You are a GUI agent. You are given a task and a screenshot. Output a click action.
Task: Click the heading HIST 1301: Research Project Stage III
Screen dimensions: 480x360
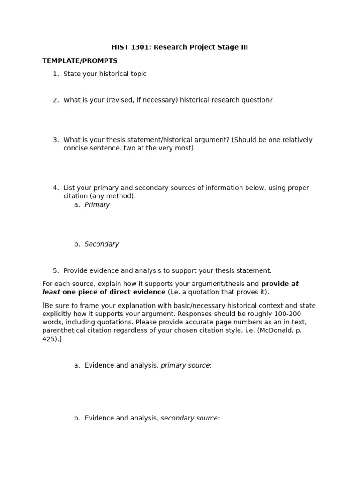click(180, 47)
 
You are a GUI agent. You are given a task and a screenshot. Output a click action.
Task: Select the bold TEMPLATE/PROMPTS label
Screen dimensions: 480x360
click(80, 61)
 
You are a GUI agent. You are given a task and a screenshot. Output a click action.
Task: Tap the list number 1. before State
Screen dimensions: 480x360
click(56, 74)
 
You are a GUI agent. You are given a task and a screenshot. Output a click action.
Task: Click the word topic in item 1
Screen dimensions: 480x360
click(137, 74)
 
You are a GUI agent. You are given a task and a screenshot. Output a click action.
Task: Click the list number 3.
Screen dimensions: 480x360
click(56, 140)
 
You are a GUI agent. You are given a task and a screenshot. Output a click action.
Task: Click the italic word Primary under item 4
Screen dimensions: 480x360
click(97, 205)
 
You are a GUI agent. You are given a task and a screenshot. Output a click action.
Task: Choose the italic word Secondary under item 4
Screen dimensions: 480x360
click(102, 244)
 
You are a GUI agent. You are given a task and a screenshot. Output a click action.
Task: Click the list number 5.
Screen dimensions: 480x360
click(56, 271)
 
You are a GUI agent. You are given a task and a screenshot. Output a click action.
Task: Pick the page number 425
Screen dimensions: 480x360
click(49, 339)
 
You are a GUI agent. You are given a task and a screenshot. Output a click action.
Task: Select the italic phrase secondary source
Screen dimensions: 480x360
click(189, 418)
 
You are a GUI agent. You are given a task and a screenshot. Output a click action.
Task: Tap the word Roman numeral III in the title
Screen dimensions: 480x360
click(244, 47)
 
